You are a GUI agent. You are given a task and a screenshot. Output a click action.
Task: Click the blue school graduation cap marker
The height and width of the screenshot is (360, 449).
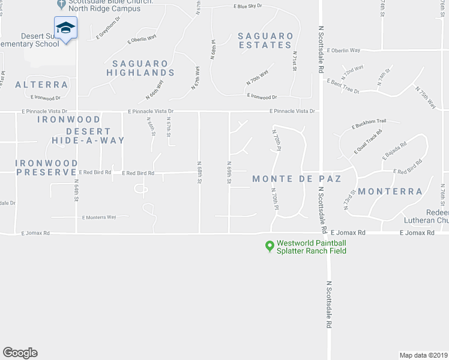[65, 27]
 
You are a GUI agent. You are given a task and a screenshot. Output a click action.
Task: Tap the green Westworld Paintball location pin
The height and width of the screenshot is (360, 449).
[270, 245]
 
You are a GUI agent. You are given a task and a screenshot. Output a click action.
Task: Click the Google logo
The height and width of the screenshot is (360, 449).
[20, 353]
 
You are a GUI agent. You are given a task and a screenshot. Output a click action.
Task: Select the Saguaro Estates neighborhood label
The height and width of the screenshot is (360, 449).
[266, 40]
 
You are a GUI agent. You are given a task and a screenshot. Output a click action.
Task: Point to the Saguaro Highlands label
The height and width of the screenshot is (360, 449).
[140, 68]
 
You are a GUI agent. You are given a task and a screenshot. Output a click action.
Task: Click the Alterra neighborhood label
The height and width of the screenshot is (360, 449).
[41, 85]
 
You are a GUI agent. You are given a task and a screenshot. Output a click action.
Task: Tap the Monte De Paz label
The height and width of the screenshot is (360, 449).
[297, 179]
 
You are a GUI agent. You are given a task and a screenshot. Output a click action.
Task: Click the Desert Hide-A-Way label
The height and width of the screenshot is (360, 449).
[88, 136]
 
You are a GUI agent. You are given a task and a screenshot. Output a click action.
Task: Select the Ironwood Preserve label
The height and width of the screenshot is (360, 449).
[47, 167]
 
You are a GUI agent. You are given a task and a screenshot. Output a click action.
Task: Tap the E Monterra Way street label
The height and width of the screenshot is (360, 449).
[99, 217]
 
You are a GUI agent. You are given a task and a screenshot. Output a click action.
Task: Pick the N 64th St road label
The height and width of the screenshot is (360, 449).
[77, 191]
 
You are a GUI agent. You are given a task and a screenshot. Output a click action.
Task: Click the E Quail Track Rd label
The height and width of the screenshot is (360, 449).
[368, 142]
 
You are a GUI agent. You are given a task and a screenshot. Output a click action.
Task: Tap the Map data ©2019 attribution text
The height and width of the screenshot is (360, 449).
[423, 355]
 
